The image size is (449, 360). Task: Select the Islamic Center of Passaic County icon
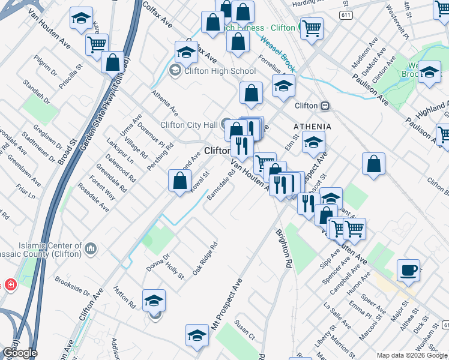91,248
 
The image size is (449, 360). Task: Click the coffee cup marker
409,269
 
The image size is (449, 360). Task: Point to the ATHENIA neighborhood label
312,127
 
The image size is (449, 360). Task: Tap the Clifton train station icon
325,106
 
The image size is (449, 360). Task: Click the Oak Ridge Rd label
205,259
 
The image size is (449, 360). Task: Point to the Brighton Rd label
284,247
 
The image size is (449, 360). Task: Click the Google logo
19,353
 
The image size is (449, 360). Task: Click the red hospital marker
10,284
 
